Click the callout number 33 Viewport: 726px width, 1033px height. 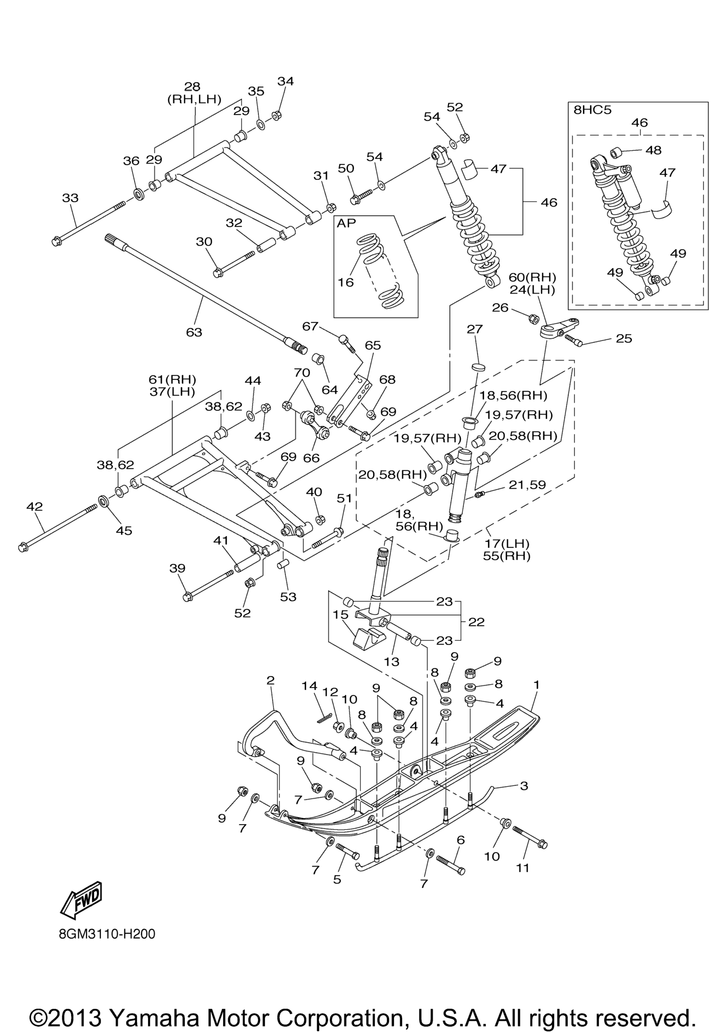click(70, 198)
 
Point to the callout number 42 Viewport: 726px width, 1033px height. click(35, 507)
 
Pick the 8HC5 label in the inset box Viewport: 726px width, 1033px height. click(592, 110)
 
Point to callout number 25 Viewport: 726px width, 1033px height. click(624, 338)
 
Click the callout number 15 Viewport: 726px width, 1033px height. click(341, 614)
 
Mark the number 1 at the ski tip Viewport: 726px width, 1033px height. click(536, 684)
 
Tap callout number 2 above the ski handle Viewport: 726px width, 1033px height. click(270, 680)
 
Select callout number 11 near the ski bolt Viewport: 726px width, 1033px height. click(522, 868)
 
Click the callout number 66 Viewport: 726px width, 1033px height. click(311, 458)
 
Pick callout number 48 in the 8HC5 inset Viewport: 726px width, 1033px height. click(654, 150)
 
